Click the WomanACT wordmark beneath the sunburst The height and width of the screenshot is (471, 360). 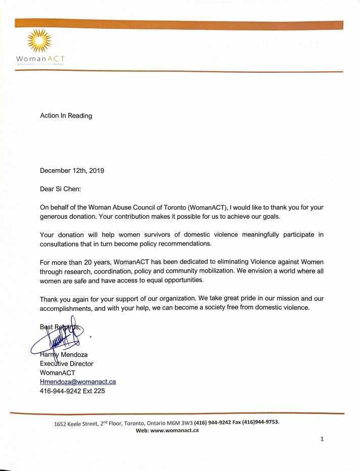point(40,59)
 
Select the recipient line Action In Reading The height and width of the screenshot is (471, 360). point(66,116)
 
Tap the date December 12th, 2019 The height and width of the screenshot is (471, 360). point(72,171)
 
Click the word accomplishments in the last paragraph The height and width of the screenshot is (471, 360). point(66,307)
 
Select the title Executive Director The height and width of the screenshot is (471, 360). point(67,363)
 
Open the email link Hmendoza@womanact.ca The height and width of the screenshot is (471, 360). point(78,382)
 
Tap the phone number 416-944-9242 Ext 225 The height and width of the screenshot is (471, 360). point(72,391)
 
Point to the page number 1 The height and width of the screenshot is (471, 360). point(322,440)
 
